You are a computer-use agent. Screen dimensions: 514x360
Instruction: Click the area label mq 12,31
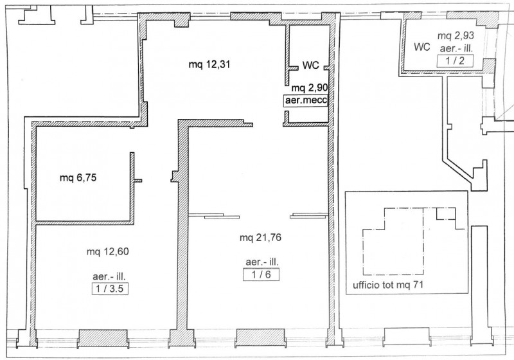(x=209, y=64)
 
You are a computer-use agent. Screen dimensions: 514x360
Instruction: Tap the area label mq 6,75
(x=78, y=178)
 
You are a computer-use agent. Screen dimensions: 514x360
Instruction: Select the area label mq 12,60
(x=107, y=252)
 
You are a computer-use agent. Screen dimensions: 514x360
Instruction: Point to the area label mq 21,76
(x=260, y=237)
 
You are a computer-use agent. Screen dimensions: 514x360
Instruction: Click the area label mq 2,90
(x=310, y=88)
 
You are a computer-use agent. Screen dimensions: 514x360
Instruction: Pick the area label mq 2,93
(x=456, y=36)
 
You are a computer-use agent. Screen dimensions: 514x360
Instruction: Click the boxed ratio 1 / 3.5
(x=110, y=289)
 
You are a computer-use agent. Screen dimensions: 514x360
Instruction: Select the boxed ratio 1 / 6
(x=261, y=274)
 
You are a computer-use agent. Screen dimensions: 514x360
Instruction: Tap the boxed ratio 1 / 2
(x=456, y=61)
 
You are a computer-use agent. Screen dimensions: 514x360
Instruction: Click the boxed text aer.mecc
(x=306, y=100)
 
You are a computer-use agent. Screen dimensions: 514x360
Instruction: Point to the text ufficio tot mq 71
(x=388, y=285)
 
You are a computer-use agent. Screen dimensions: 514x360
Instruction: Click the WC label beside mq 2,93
(x=422, y=47)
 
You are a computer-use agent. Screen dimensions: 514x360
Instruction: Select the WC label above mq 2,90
(x=310, y=65)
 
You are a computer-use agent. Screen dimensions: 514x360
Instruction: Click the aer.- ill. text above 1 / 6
(x=262, y=262)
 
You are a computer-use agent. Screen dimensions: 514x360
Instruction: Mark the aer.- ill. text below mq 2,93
(x=456, y=49)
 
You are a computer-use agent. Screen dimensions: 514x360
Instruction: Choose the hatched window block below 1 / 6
(x=261, y=337)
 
